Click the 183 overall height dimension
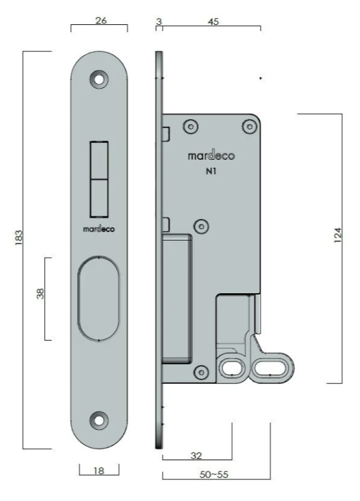coord(18,237)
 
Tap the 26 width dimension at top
coord(101,20)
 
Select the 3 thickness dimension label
coord(159,22)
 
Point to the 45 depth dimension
coord(213,22)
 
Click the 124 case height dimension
coord(338,235)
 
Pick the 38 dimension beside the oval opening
coord(40,293)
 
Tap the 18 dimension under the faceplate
coord(99,471)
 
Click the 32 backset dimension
coord(196,456)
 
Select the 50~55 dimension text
coord(214,475)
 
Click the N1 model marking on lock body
coord(211,171)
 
